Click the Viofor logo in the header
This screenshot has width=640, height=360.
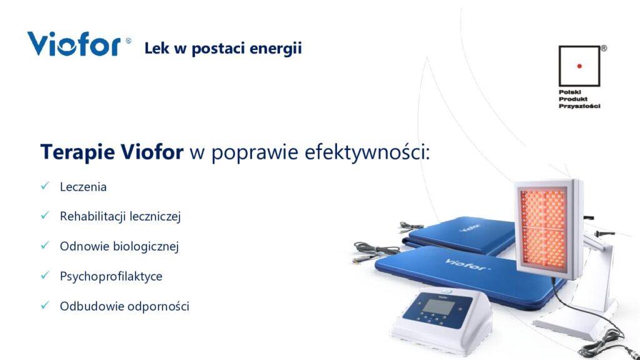pyautogui.click(x=74, y=44)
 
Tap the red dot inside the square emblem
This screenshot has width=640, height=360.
pyautogui.click(x=579, y=66)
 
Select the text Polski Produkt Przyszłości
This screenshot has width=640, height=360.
pyautogui.click(x=579, y=99)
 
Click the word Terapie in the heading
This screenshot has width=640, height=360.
pyautogui.click(x=77, y=152)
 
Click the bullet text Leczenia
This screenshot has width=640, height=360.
pyautogui.click(x=83, y=187)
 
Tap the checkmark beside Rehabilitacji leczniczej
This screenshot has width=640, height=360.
pyautogui.click(x=45, y=215)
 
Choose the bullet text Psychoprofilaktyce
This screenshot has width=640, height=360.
pyautogui.click(x=111, y=276)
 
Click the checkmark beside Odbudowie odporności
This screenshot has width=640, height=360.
pyautogui.click(x=45, y=305)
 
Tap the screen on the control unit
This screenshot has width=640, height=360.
pyautogui.click(x=438, y=306)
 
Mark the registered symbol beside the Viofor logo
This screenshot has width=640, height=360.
pyautogui.click(x=128, y=41)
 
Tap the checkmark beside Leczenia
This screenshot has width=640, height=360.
pyautogui.click(x=45, y=186)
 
